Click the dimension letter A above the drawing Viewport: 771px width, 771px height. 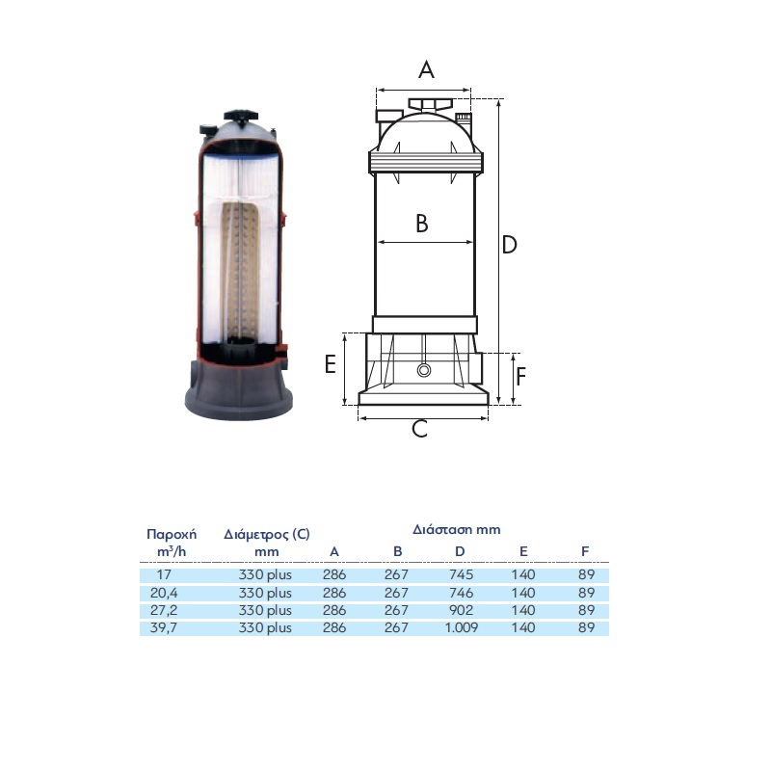[x=426, y=69]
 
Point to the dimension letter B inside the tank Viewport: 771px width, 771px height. [x=422, y=224]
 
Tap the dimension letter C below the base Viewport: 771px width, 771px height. [x=419, y=429]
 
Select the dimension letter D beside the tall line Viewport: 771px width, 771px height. [x=510, y=245]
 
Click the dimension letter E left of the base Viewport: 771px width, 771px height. [x=331, y=364]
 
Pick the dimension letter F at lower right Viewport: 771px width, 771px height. [x=521, y=377]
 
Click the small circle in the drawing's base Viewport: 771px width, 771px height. [x=424, y=370]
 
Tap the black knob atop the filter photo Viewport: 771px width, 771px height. [x=241, y=116]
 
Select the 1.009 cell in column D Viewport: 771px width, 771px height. [x=462, y=628]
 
